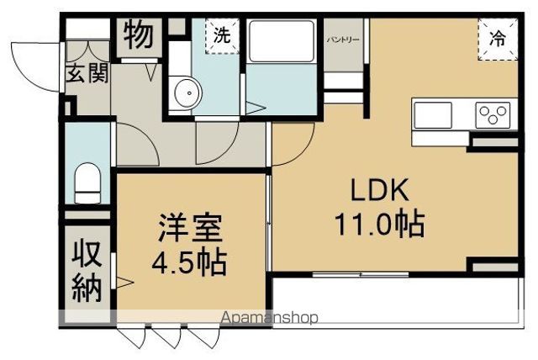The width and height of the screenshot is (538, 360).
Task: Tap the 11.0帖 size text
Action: tap(380, 224)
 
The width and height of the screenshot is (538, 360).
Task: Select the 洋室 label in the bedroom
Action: tap(188, 229)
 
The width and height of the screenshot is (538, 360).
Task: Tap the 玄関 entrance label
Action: tap(87, 74)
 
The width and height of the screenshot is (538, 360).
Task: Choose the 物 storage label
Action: tap(138, 37)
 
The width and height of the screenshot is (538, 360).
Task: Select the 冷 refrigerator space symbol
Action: tap(498, 39)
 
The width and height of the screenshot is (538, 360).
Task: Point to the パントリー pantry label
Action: tap(343, 40)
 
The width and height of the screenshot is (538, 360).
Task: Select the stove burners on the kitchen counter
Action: tap(491, 113)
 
